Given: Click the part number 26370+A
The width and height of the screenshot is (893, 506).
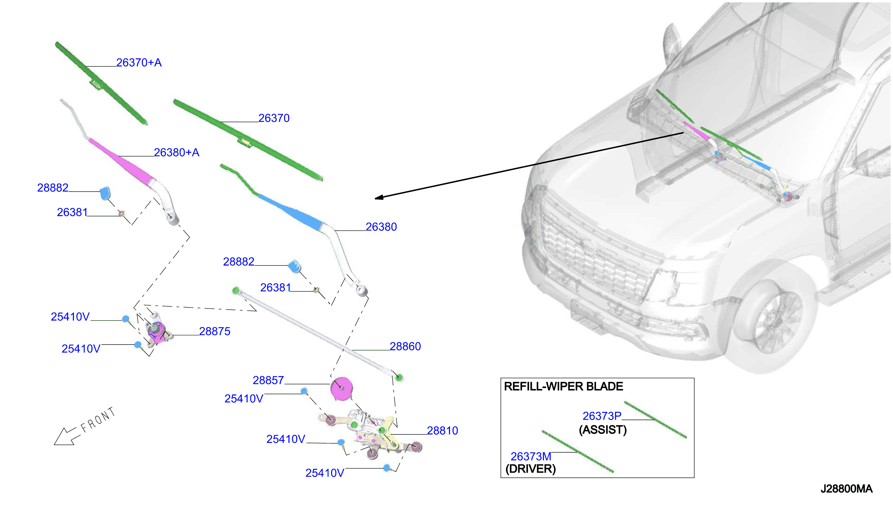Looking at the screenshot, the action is tap(139, 62).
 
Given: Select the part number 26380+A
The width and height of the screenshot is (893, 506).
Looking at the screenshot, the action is tap(177, 152).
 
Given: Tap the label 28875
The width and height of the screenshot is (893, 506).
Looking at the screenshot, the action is tap(214, 331).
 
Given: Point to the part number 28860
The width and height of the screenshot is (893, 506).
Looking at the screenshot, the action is tap(405, 346).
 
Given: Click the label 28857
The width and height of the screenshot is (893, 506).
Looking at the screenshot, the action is tap(268, 380).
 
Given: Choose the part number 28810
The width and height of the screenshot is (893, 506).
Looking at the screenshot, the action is tap(442, 431).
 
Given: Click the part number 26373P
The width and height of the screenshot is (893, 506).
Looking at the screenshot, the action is tap(602, 416).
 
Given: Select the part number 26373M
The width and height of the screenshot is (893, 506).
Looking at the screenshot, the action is tap(531, 456).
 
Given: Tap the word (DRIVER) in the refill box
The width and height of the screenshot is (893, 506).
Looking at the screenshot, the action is tap(531, 469).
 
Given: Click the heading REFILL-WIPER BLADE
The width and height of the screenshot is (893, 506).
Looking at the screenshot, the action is tap(563, 386).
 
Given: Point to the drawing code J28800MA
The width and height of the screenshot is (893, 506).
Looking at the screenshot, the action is tap(846, 489).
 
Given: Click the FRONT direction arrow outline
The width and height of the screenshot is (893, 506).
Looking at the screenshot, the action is tap(65, 436).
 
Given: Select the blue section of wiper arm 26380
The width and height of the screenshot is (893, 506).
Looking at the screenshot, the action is tap(290, 212).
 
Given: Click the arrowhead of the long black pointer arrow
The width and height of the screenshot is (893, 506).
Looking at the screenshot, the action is tap(379, 197).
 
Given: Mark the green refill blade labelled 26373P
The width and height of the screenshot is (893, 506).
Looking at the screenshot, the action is tap(655, 420).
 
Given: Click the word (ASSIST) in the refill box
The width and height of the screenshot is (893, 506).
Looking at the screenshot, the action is tap(603, 430).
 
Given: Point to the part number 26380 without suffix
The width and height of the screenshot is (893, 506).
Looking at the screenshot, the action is tap(381, 227).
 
